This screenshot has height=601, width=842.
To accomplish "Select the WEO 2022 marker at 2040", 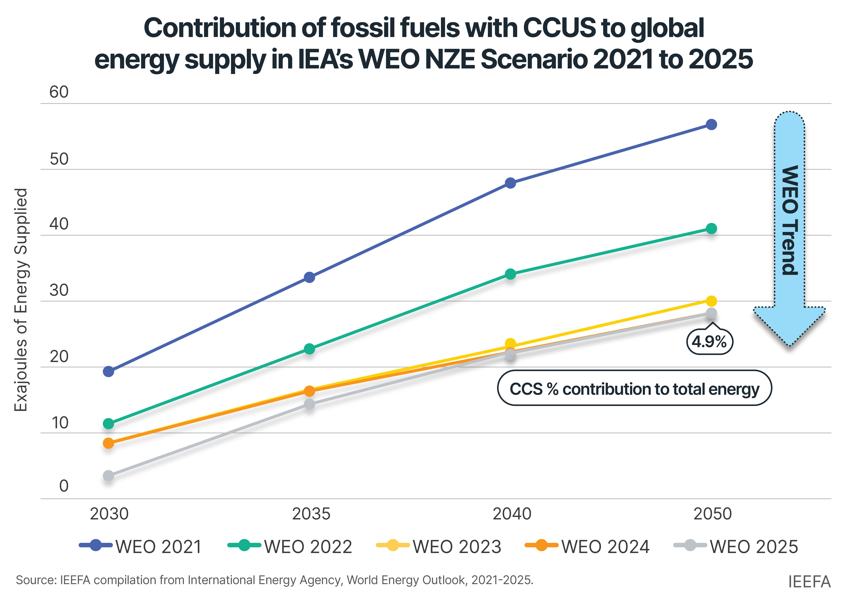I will pyautogui.click(x=510, y=274).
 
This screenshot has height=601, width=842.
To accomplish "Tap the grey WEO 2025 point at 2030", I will pyautogui.click(x=109, y=476).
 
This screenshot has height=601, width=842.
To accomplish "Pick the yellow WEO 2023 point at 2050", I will pyautogui.click(x=711, y=301).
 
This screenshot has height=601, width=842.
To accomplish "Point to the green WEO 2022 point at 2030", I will pyautogui.click(x=109, y=423).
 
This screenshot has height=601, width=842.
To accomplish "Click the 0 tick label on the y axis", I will pyautogui.click(x=64, y=486).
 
